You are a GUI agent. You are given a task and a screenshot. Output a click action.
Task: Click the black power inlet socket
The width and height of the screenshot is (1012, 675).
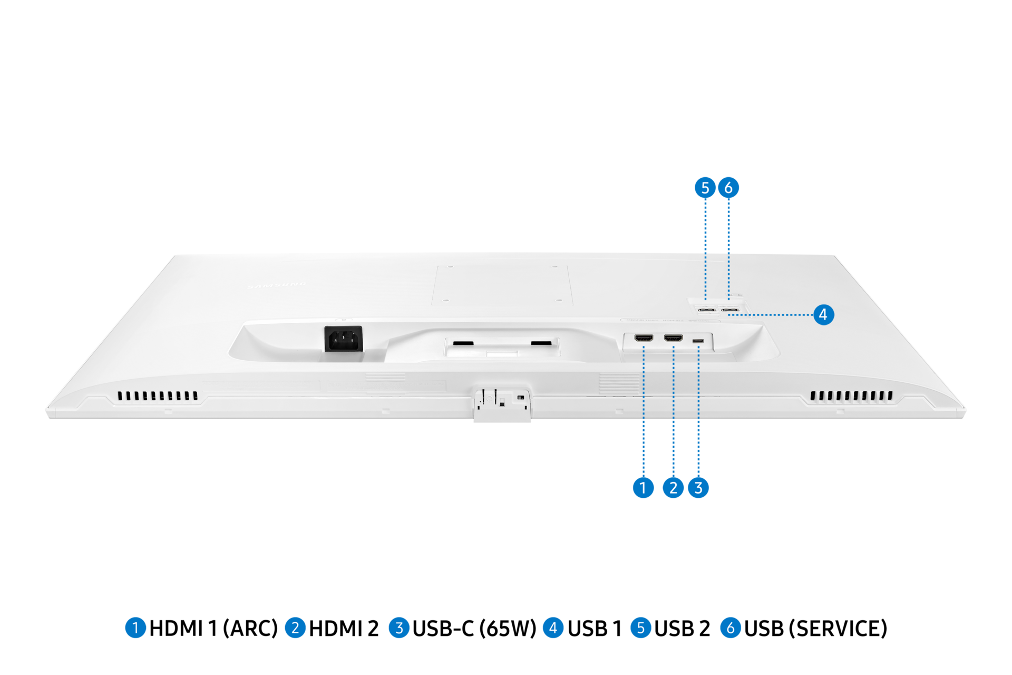[x=343, y=339]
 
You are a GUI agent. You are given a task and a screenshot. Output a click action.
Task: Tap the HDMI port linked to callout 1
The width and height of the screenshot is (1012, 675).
[x=644, y=338]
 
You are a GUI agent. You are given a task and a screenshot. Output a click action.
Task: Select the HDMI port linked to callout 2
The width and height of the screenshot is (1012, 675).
[x=673, y=338]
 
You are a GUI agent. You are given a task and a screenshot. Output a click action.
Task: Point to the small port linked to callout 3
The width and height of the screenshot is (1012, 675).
[x=698, y=341]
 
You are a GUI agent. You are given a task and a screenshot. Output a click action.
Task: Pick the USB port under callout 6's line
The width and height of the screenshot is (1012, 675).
[x=729, y=310]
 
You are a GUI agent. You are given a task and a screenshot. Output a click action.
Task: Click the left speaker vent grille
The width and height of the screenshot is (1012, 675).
[x=158, y=396]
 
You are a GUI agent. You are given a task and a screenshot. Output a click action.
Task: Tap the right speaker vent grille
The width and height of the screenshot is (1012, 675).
[x=851, y=396]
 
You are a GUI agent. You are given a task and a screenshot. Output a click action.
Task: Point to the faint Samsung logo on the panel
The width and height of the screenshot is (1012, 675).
[x=277, y=285]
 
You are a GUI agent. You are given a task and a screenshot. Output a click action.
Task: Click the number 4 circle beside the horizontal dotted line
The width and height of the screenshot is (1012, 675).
[x=823, y=315]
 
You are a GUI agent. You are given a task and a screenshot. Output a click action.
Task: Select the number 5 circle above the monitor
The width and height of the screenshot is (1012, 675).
[x=705, y=188]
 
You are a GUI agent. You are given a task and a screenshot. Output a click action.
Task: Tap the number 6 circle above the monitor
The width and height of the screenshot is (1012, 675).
[x=728, y=188]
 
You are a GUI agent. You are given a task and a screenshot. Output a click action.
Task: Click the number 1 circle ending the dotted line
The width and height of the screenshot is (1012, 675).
[x=643, y=488]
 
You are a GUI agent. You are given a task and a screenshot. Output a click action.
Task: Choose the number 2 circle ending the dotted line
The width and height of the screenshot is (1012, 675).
[x=673, y=488]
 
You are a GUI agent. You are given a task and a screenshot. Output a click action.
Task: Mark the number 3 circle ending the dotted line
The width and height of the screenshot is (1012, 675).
[x=698, y=488]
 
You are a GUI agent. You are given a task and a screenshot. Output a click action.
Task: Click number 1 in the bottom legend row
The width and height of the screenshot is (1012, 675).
[x=135, y=628]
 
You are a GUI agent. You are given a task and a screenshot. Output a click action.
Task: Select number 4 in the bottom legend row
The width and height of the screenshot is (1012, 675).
[x=553, y=628]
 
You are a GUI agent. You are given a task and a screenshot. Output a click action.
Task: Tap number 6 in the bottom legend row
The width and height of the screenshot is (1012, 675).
[x=731, y=628]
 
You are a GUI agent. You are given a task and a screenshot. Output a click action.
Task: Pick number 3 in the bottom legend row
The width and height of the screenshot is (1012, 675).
[x=399, y=628]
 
